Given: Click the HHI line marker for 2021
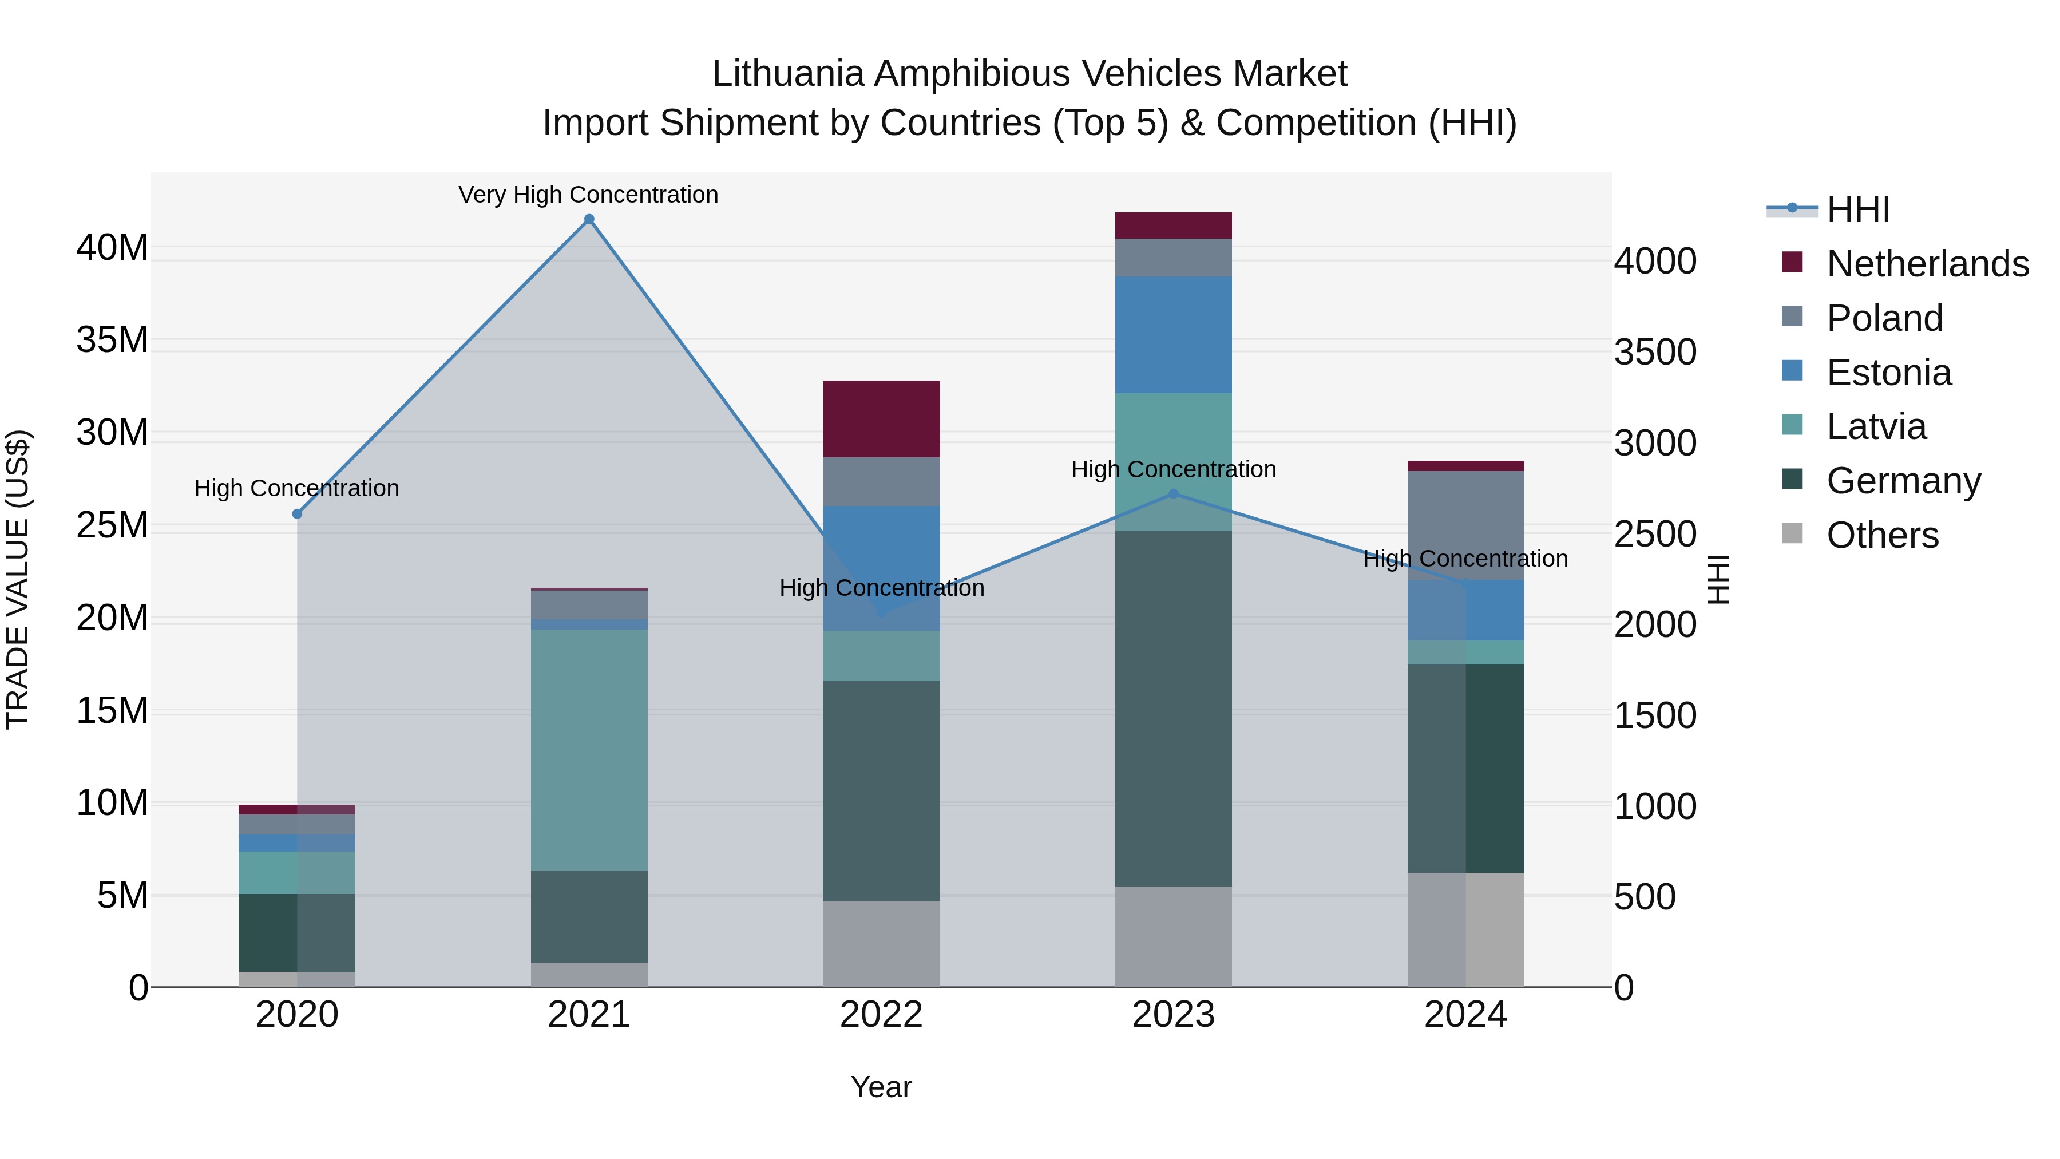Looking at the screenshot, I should (x=589, y=219).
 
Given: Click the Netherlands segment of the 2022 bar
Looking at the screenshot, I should (x=881, y=419).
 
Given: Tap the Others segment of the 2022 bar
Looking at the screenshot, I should (x=881, y=944).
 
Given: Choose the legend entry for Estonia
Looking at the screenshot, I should (x=1889, y=373).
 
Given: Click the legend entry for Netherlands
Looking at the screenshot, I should (x=1927, y=264).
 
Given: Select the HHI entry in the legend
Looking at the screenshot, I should (x=1857, y=209).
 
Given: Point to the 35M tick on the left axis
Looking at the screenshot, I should (x=112, y=340).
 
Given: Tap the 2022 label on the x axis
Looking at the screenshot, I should (x=881, y=1015).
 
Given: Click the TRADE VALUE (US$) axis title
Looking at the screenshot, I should (x=18, y=579).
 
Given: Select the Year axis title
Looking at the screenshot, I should (x=881, y=1087).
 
